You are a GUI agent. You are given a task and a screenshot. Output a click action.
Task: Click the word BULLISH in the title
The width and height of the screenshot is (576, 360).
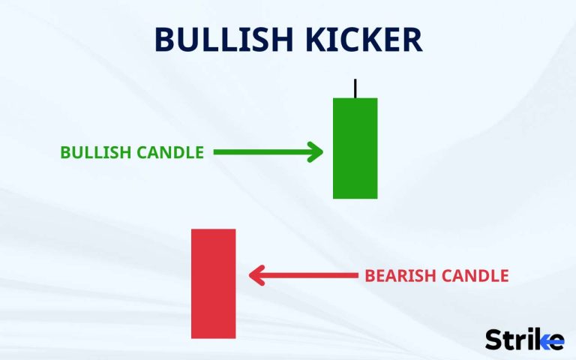click(221, 40)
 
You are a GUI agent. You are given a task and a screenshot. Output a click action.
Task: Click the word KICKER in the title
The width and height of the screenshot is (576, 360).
click(361, 40)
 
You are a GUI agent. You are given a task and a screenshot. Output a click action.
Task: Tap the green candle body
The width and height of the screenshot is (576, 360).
click(355, 148)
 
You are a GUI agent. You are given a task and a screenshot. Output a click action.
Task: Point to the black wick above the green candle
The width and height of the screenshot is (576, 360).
click(355, 88)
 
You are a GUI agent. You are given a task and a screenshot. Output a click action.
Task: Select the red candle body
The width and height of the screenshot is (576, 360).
click(214, 283)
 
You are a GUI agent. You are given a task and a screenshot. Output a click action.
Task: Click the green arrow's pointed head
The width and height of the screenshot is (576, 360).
click(316, 152)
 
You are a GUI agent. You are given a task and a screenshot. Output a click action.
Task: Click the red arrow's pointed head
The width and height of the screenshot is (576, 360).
click(254, 276)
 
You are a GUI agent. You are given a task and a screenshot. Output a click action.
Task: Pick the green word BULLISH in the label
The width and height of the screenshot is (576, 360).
click(96, 152)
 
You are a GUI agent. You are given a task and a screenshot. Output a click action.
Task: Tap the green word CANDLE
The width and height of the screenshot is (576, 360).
click(170, 152)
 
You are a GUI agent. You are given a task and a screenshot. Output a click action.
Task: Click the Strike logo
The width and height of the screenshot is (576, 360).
click(524, 339)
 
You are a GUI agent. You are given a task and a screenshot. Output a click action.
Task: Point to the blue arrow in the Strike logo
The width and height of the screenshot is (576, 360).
click(554, 342)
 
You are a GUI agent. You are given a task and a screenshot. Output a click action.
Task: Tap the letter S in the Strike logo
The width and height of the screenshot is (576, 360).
click(493, 340)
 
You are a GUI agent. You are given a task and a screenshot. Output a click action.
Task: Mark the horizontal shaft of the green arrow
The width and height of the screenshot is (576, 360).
click(262, 152)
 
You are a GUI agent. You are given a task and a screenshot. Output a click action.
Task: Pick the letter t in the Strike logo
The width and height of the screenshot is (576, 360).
click(509, 340)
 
